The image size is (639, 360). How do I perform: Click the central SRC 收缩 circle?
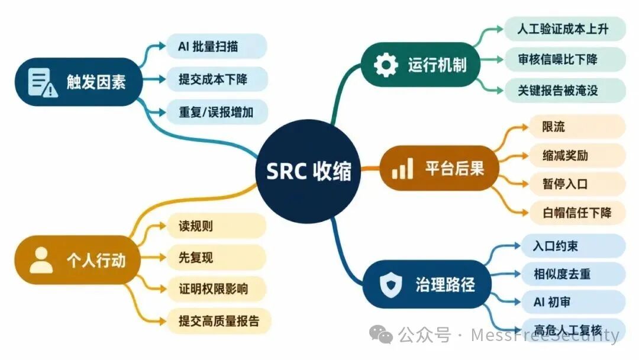tap(308, 171)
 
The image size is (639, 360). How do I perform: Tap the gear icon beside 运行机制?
tap(386, 65)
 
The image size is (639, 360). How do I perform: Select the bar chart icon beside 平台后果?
tap(402, 168)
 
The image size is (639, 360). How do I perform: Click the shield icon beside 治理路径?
tap(390, 284)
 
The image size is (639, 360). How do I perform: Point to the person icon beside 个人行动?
tap(41, 260)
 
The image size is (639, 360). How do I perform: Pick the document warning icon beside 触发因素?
tap(43, 82)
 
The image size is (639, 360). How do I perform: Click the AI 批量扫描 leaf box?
tap(217, 46)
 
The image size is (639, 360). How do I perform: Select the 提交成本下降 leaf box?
tap(217, 79)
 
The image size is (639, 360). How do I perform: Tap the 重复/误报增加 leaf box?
tap(217, 112)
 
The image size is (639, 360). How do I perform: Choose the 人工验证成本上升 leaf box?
tap(565, 29)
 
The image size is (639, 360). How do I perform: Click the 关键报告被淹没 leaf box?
tap(565, 90)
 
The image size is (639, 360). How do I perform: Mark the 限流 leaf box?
tap(577, 127)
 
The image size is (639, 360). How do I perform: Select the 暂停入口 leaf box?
tap(577, 184)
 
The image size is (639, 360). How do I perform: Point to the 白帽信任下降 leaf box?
tap(577, 213)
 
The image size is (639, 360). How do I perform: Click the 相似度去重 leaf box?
tap(573, 274)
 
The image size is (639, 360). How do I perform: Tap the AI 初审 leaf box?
tap(573, 302)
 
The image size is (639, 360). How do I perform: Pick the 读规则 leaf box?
tap(217, 226)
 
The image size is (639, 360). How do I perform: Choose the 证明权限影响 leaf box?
tap(217, 289)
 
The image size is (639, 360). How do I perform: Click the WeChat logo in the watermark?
tap(380, 335)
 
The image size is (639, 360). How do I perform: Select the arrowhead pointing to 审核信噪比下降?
tap(499, 60)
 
